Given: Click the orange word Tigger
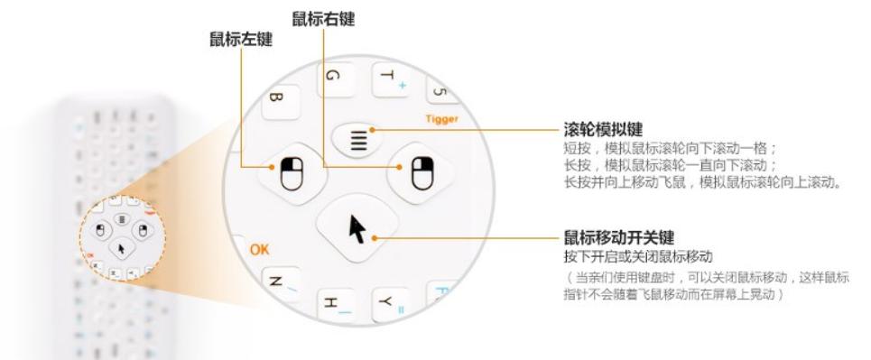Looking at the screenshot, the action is [444, 118].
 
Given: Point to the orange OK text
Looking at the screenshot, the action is [260, 248].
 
